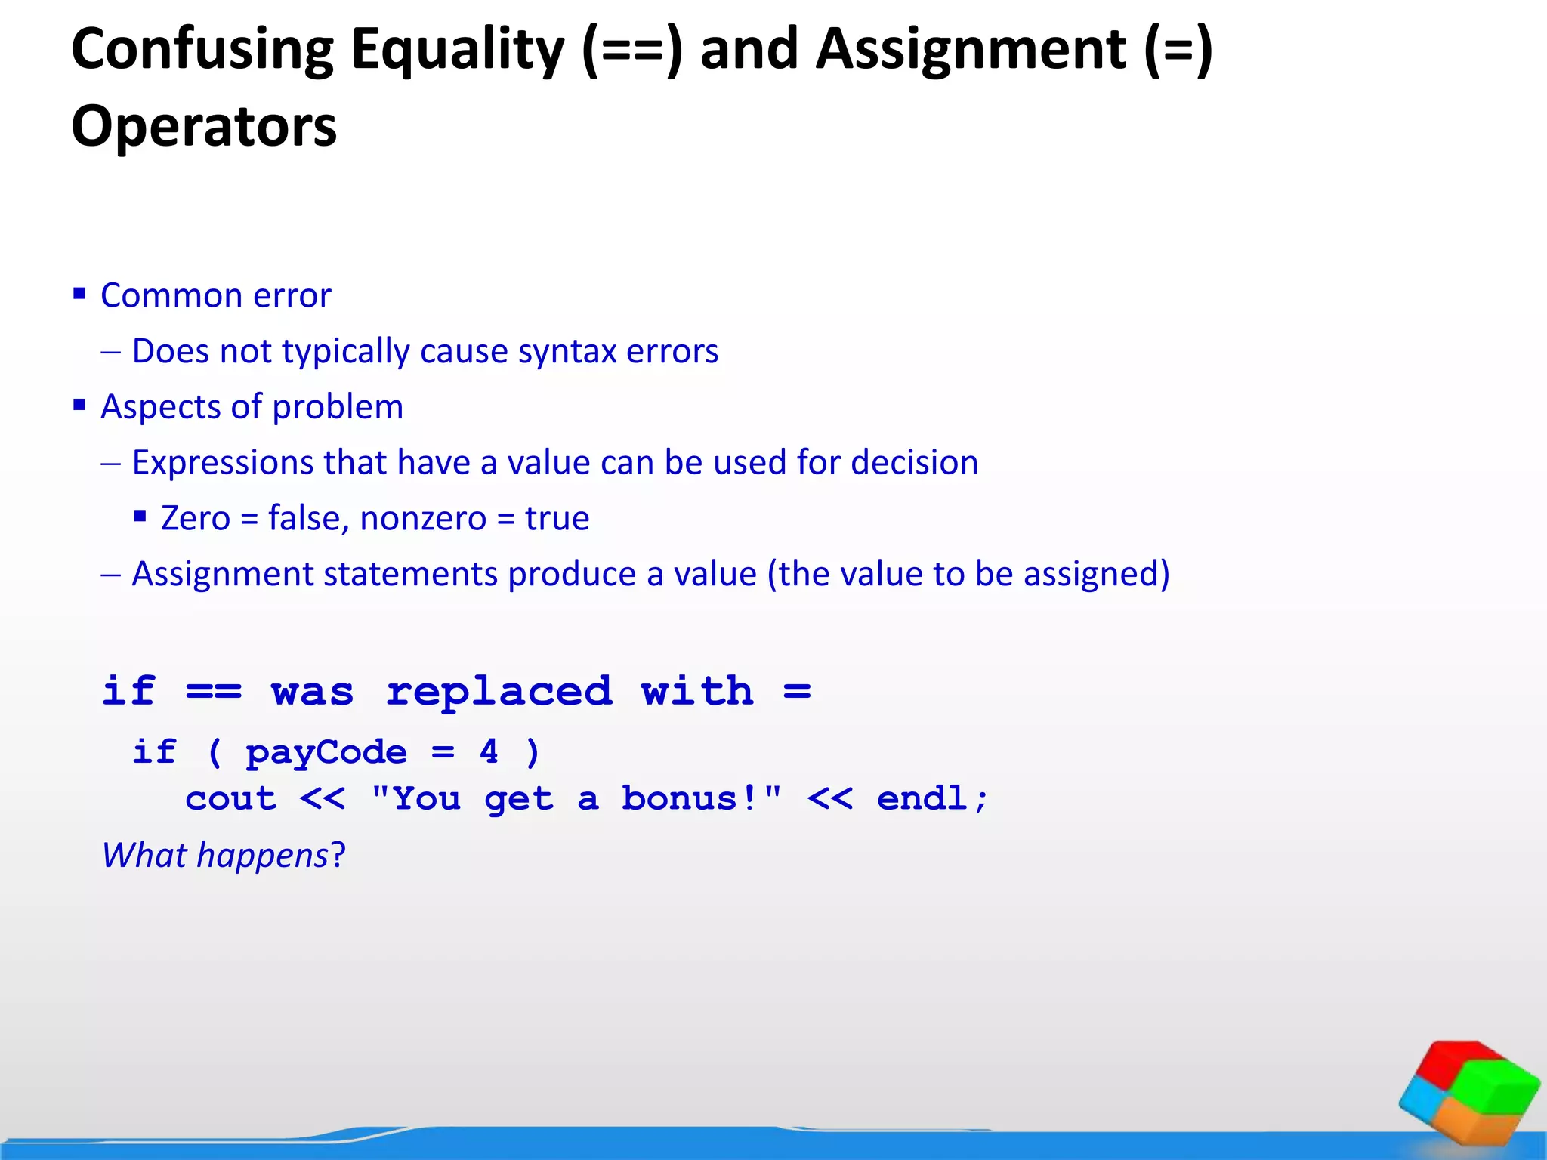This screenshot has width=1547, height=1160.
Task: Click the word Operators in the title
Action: click(204, 127)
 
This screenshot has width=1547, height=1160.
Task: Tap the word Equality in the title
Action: click(458, 50)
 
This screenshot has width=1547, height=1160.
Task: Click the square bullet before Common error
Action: click(79, 293)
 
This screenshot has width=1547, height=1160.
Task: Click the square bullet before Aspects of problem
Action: click(79, 405)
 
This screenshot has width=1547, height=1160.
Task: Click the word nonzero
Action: click(423, 519)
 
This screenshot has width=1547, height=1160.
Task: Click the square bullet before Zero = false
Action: click(140, 517)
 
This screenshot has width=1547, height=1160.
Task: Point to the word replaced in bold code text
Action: click(499, 693)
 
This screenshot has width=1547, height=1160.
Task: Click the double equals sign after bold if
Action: click(214, 691)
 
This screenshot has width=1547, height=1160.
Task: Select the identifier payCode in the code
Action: click(326, 753)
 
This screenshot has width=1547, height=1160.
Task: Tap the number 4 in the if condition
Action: click(489, 751)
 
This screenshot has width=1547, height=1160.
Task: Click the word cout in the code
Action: click(231, 799)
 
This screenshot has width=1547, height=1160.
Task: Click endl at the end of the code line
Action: click(923, 798)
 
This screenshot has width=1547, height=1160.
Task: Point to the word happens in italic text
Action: click(262, 856)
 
